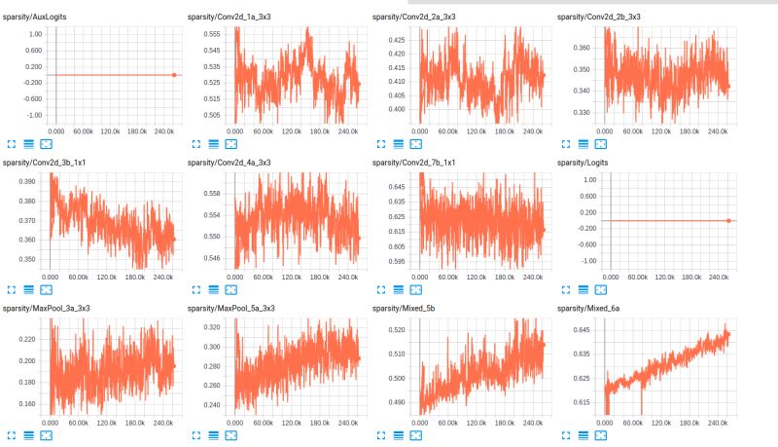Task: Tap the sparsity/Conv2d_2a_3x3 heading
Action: pyautogui.click(x=413, y=18)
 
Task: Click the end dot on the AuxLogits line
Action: pyautogui.click(x=174, y=75)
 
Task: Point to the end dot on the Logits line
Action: pyautogui.click(x=728, y=221)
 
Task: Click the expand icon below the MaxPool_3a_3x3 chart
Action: pyautogui.click(x=12, y=434)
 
